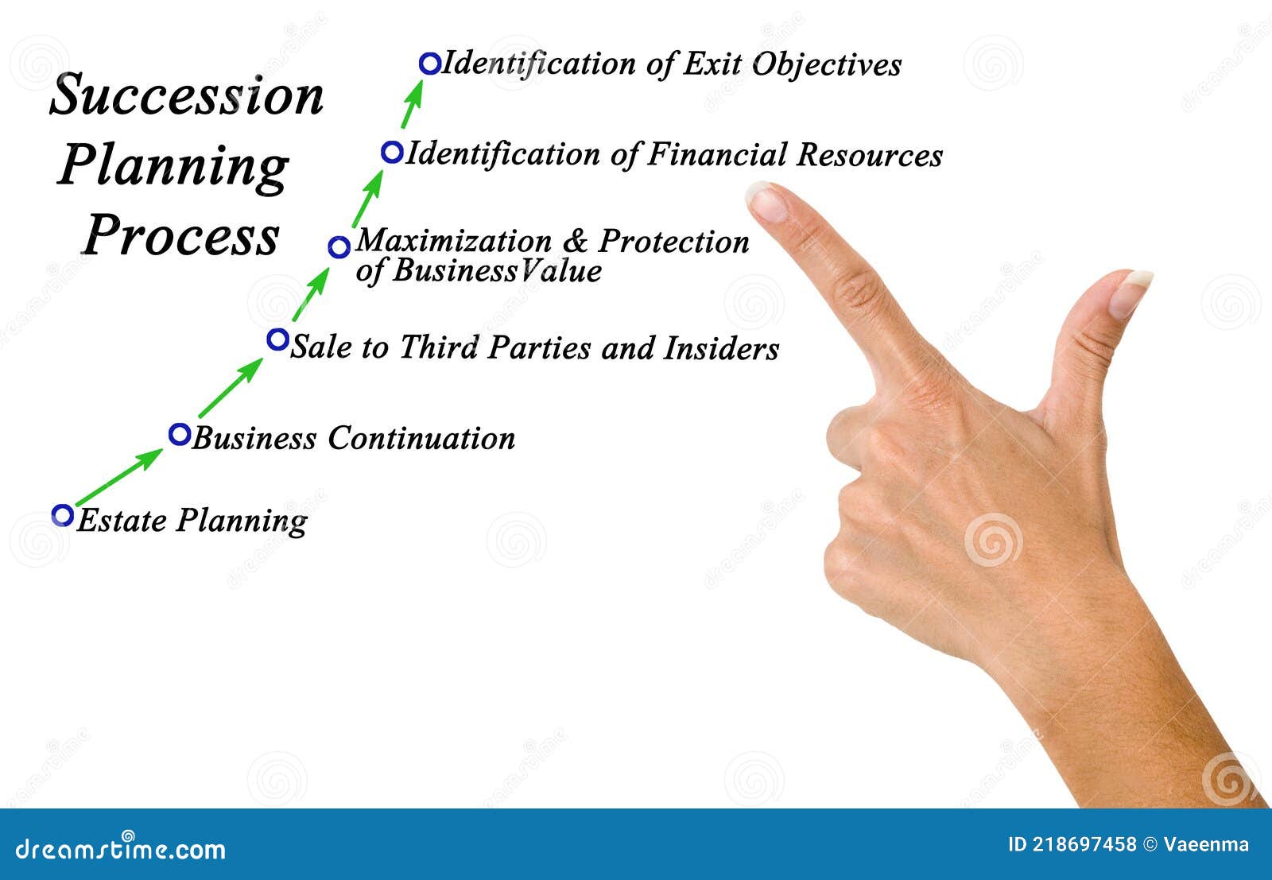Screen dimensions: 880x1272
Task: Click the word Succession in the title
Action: tap(187, 96)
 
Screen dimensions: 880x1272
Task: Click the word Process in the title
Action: tap(181, 235)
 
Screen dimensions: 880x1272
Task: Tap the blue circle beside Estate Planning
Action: tap(62, 515)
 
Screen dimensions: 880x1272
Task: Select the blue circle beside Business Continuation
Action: tap(180, 434)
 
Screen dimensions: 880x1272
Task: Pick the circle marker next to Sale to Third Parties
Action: tap(277, 339)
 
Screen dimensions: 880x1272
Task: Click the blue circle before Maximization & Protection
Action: tap(339, 247)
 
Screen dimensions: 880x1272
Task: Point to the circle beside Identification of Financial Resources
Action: tap(392, 152)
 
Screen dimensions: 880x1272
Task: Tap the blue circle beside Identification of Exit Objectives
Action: tap(429, 64)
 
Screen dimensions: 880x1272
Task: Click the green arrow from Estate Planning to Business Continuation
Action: tap(119, 477)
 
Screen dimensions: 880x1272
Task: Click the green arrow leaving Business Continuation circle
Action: tap(231, 387)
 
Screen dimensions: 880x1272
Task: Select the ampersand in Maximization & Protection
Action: tap(575, 241)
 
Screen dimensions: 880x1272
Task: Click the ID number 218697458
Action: tap(1084, 845)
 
